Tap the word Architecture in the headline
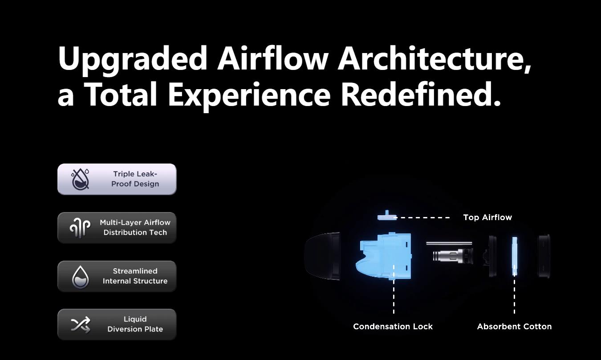click(435, 58)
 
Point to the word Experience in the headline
click(249, 97)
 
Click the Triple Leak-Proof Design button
click(117, 179)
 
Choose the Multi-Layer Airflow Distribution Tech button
click(117, 228)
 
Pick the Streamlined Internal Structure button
click(117, 276)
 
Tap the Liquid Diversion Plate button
click(117, 324)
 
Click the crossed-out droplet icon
click(80, 179)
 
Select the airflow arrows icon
click(80, 228)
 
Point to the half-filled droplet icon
click(80, 277)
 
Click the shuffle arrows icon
click(80, 324)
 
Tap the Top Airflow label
click(487, 217)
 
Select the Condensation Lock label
click(393, 327)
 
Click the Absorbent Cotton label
click(514, 327)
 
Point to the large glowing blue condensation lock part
click(384, 256)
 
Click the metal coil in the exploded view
click(453, 255)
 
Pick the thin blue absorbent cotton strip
click(515, 256)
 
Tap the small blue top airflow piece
click(387, 216)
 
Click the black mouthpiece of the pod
click(322, 256)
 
